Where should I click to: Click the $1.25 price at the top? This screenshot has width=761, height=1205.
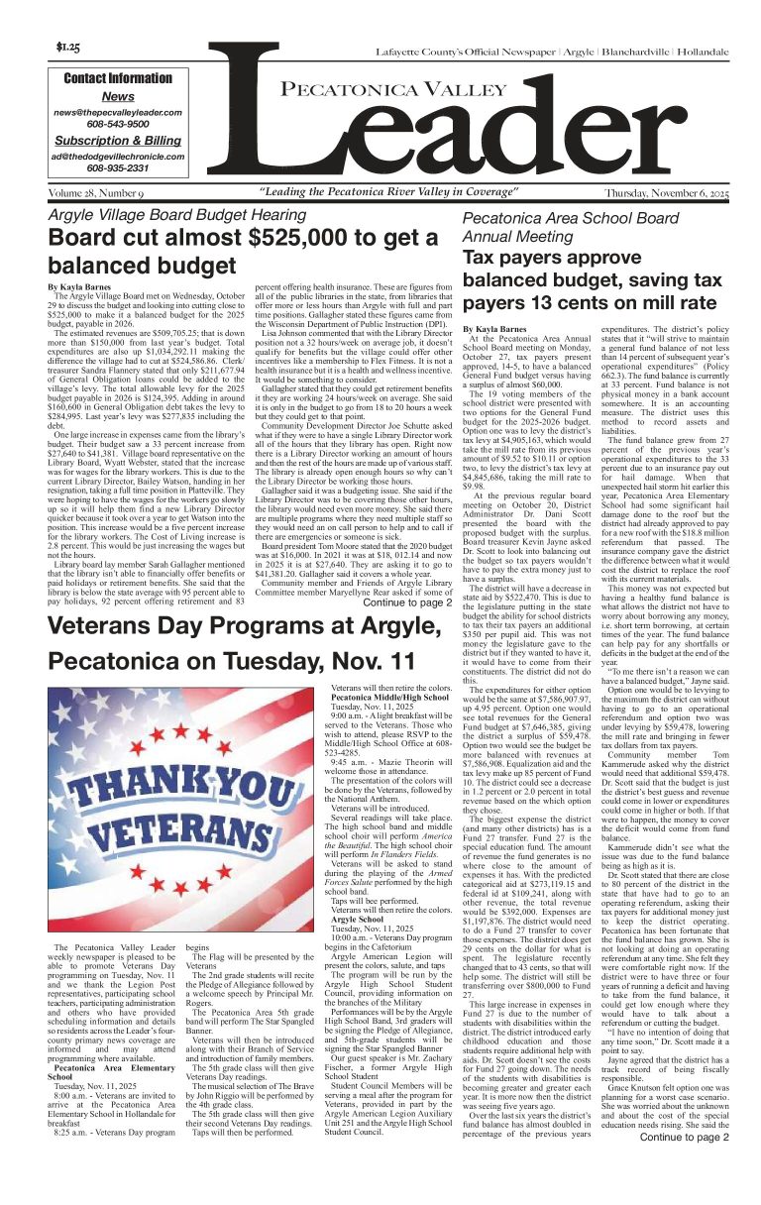tap(67, 47)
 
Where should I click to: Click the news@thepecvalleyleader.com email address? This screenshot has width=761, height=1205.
tap(118, 113)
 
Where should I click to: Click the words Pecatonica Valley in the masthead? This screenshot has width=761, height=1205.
tap(381, 91)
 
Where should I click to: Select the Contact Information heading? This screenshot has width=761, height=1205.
tap(118, 78)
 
